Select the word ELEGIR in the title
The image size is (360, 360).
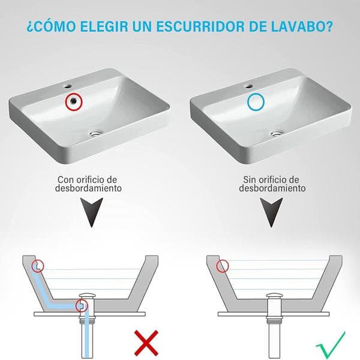click(104, 26)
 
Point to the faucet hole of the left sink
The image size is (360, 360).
click(68, 86)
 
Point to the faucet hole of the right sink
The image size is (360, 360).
click(249, 86)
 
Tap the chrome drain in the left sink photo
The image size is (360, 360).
click(96, 133)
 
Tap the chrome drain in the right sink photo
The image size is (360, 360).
click(277, 133)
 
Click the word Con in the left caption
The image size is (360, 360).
click(65, 179)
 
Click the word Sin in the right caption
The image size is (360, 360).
click(250, 179)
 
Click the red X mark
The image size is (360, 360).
click(146, 343)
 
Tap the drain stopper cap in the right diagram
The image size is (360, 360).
click(275, 295)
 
